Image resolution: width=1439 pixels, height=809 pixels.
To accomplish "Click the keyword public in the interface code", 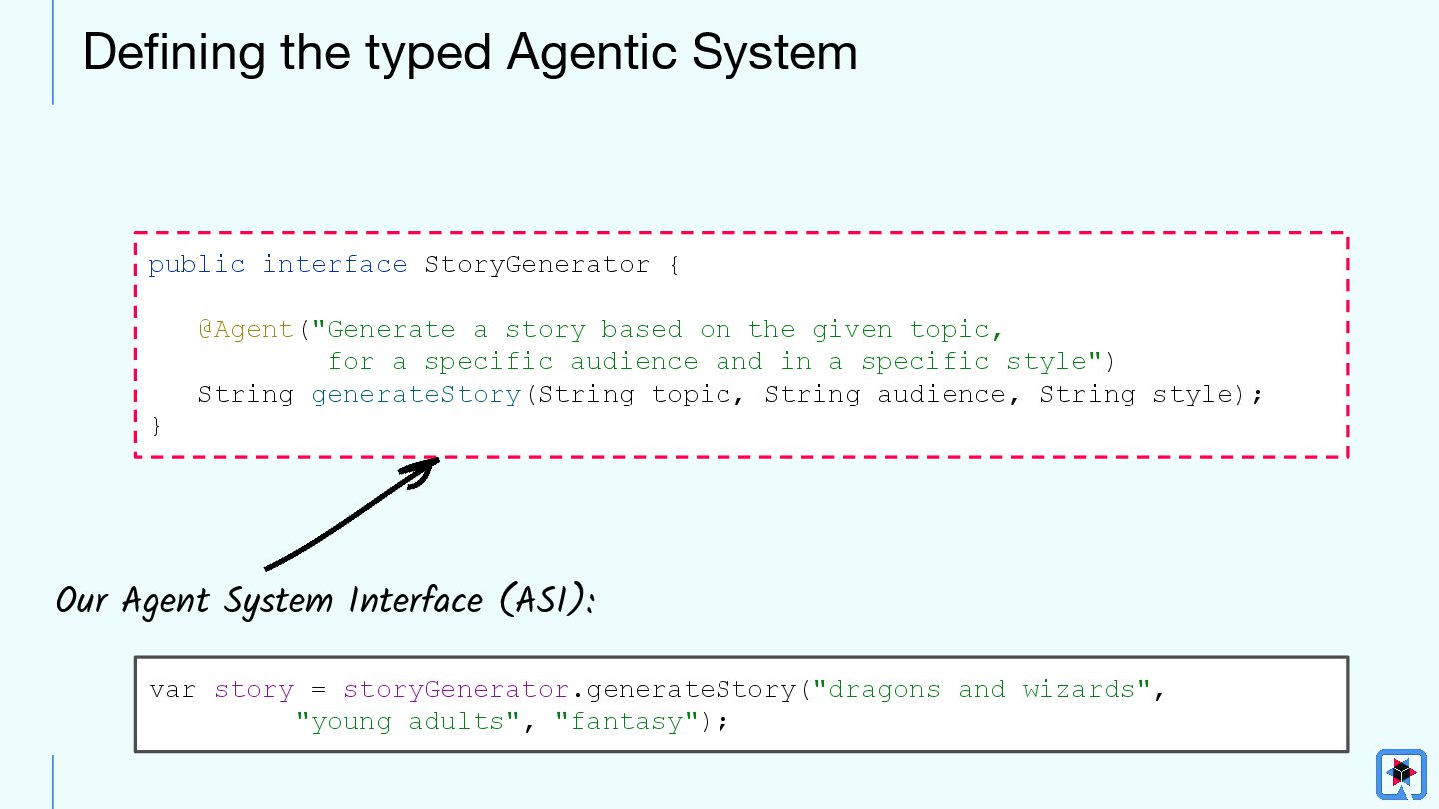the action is coord(197,265).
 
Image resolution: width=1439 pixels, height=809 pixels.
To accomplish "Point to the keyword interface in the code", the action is coord(334,265).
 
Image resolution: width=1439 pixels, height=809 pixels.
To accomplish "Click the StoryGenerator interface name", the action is coord(537,265).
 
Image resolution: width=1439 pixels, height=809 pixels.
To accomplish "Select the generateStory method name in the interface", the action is coord(416,395).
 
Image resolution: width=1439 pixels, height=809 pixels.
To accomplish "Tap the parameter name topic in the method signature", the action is coord(692,395).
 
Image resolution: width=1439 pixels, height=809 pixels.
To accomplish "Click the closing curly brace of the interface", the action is coord(155,426).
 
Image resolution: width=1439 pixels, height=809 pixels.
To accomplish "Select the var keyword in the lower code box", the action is coord(173,690).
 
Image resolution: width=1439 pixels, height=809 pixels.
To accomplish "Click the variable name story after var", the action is coord(254,690).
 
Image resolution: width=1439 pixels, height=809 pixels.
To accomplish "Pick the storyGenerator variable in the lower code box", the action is coord(456,690).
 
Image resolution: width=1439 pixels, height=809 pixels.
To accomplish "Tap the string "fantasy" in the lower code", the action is coord(626,722).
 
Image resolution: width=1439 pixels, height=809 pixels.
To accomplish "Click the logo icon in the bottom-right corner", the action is coord(1401,774).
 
